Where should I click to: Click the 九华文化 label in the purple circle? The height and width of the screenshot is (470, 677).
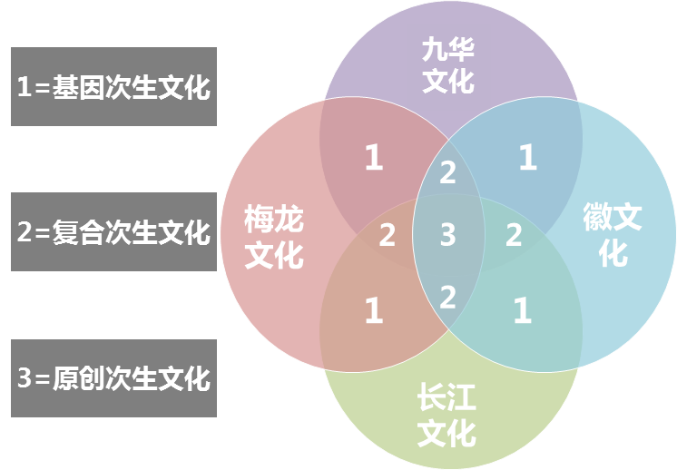(448, 65)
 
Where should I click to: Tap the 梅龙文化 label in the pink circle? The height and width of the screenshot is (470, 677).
(274, 237)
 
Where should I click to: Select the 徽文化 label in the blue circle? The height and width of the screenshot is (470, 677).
(613, 234)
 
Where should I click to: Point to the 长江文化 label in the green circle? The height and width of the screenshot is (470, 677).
(446, 416)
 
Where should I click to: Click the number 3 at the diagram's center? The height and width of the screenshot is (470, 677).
(448, 235)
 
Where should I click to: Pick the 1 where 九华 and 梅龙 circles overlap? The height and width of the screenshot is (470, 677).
(374, 157)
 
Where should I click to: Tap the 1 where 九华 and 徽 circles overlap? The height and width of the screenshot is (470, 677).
(527, 157)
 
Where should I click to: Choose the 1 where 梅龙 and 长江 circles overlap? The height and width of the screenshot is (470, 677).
(374, 310)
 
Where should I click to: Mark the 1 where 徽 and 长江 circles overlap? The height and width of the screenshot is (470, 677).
(523, 310)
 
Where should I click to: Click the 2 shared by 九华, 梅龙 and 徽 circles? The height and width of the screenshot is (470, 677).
(447, 172)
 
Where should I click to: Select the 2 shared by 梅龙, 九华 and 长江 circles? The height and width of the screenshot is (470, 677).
(387, 235)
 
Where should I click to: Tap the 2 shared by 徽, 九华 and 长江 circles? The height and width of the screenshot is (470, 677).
(514, 235)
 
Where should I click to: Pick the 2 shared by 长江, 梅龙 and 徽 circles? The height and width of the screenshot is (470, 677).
(447, 297)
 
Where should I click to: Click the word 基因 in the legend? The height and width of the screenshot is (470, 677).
(79, 87)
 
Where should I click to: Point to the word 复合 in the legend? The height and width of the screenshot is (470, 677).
(79, 232)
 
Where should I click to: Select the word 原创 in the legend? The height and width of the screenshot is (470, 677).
(79, 378)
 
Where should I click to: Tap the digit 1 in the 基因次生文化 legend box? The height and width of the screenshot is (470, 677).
(25, 86)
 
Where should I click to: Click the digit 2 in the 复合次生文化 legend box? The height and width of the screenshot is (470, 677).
(25, 231)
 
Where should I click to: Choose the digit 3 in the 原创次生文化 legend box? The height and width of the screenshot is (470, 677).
(25, 377)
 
